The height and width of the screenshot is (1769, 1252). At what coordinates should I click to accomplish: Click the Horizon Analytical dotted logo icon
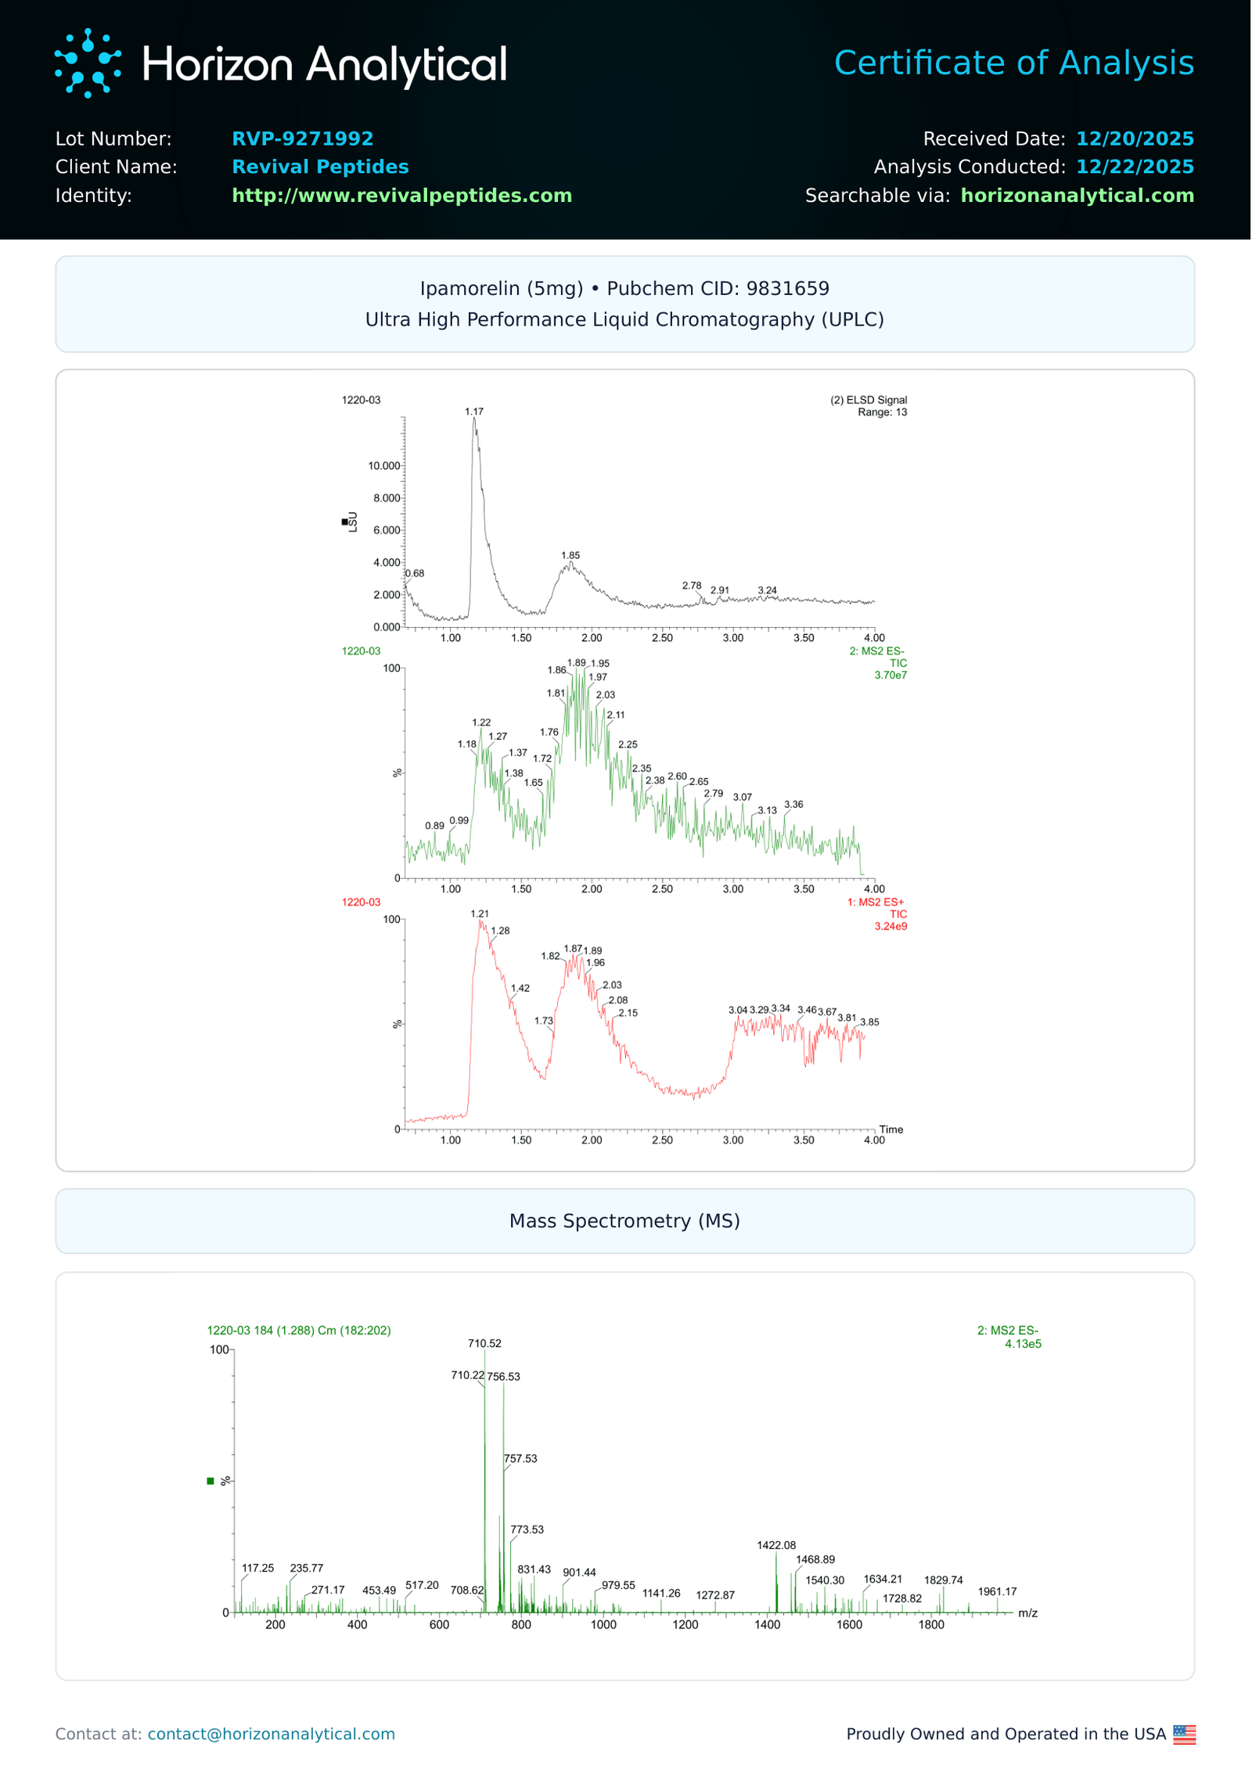88,63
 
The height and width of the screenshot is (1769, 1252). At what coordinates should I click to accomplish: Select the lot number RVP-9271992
302,139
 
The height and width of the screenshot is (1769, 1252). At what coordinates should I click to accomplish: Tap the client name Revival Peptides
320,167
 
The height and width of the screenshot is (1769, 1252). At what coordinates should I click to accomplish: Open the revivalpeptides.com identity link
401,195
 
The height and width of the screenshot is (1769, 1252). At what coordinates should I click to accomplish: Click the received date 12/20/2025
1134,139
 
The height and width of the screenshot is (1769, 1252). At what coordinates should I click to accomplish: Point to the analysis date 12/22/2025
1134,167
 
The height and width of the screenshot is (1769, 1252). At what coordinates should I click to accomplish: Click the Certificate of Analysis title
1013,63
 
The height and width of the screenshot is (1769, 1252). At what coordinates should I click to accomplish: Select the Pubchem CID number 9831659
787,289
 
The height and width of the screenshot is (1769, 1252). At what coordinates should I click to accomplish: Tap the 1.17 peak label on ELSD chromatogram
474,412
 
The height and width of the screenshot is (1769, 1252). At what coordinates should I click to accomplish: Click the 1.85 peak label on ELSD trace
570,556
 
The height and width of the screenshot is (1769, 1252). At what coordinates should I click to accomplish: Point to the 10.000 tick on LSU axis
384,466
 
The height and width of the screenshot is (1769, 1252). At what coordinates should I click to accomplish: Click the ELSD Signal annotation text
869,400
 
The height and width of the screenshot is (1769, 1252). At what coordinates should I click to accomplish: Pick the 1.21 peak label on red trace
480,914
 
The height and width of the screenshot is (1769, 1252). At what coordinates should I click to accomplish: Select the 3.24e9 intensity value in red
890,927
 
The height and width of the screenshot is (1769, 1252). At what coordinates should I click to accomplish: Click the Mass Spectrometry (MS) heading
624,1221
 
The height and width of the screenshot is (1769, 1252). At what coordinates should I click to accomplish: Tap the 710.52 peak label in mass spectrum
484,1344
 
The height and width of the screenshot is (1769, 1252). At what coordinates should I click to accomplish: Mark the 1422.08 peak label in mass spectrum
776,1546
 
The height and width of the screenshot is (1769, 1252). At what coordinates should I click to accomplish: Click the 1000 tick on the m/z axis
603,1626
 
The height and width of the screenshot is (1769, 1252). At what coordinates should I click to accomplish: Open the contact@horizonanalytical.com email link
271,1735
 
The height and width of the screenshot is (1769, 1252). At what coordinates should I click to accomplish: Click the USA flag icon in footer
1184,1735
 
